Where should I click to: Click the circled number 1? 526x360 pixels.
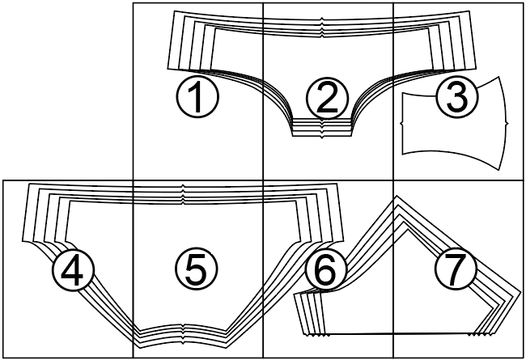click(x=197, y=96)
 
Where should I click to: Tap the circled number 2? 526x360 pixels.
click(x=327, y=99)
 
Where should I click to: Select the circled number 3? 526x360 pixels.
click(x=457, y=96)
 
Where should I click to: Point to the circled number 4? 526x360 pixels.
click(x=74, y=269)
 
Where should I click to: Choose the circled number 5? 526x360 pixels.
click(x=197, y=269)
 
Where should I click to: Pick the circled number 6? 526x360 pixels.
click(x=326, y=269)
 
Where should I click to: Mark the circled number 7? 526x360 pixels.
click(x=456, y=269)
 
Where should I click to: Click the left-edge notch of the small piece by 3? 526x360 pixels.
click(x=402, y=124)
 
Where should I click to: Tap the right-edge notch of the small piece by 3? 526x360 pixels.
click(x=507, y=124)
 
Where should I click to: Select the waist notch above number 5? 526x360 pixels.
click(x=183, y=194)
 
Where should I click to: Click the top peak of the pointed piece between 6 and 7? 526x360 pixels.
click(x=397, y=196)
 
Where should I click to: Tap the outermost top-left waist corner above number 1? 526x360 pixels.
click(x=175, y=11)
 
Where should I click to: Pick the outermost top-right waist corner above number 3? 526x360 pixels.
click(x=469, y=11)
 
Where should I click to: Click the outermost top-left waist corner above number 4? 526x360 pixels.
click(x=29, y=184)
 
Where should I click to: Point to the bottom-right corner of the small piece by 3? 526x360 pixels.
click(x=499, y=170)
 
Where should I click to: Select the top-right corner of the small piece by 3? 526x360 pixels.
click(x=499, y=77)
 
